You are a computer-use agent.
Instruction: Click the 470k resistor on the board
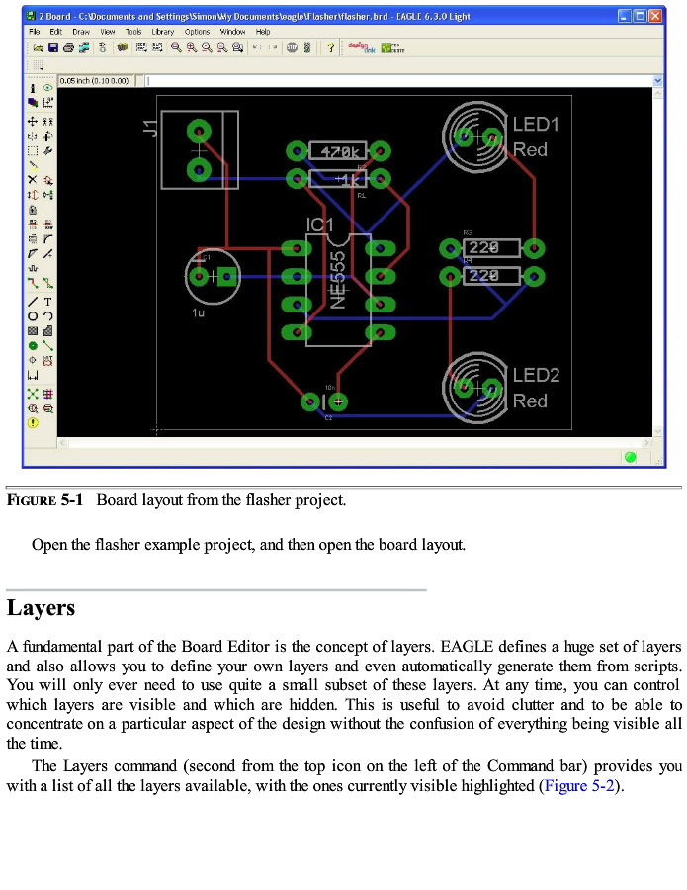coord(338,151)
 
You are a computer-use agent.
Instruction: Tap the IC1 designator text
coord(320,225)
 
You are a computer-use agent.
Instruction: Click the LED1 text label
coord(536,125)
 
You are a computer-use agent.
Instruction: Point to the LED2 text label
coord(536,376)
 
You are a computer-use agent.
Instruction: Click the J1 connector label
coord(149,127)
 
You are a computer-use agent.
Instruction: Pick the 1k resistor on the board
coord(338,179)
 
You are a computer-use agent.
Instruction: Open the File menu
coord(35,32)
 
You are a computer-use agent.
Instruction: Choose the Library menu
coord(162,32)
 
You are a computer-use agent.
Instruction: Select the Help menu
coord(263,32)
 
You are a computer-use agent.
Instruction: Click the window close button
coord(655,16)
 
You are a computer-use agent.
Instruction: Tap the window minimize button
coord(624,16)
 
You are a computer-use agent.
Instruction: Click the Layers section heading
coord(41,607)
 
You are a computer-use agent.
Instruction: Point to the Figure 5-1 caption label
coord(44,500)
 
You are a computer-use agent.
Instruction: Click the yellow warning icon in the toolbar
coord(33,422)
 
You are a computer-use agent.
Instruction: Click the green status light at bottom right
coord(630,457)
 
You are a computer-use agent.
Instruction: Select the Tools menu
coord(133,32)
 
